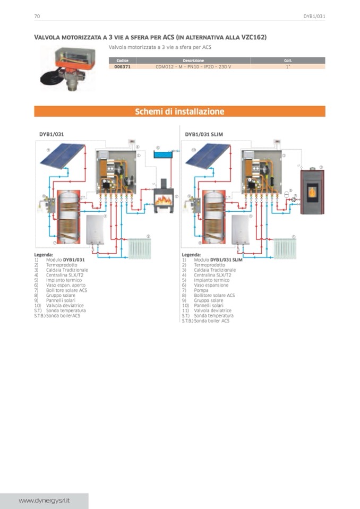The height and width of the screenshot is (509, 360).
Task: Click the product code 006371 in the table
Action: click(x=123, y=67)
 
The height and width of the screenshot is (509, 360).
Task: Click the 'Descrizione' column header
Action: click(x=193, y=61)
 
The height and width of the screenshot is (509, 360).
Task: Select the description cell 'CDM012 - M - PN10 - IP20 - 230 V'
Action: click(x=193, y=67)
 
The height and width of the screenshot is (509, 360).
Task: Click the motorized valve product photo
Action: click(x=67, y=67)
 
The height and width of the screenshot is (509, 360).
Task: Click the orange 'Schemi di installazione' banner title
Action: click(x=179, y=111)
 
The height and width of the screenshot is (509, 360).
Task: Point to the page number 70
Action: click(x=37, y=16)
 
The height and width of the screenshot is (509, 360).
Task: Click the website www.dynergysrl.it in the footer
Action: click(x=45, y=501)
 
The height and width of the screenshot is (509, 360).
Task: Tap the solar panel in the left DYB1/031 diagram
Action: click(x=62, y=154)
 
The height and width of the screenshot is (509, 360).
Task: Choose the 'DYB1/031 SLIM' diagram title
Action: click(x=204, y=135)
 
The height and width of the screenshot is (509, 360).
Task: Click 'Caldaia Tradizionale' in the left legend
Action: click(x=67, y=270)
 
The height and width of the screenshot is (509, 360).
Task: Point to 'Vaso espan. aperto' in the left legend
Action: click(x=65, y=285)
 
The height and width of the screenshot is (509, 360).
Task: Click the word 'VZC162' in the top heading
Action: click(x=252, y=37)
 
